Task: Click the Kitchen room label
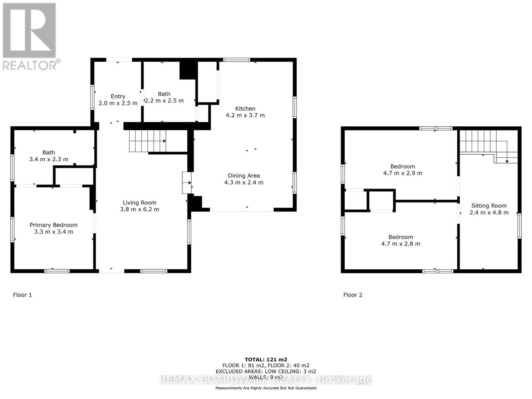[245, 108]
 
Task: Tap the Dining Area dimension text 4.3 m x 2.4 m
[244, 183]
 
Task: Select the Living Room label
[139, 202]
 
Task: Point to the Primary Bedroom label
[54, 225]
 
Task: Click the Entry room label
[118, 96]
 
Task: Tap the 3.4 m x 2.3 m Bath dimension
[49, 159]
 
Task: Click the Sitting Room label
[489, 206]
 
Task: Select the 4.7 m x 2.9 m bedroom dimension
[403, 173]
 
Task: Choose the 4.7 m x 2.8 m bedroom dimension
[401, 244]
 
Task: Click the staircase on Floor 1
[147, 141]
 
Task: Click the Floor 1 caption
[22, 295]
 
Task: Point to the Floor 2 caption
[353, 295]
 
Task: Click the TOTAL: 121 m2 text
[266, 359]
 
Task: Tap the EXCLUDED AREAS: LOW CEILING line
[266, 371]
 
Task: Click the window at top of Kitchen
[236, 60]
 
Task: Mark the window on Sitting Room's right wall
[519, 226]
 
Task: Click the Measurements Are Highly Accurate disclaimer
[266, 388]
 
